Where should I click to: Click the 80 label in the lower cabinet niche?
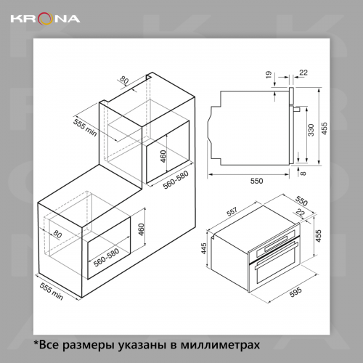(x=57, y=234)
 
